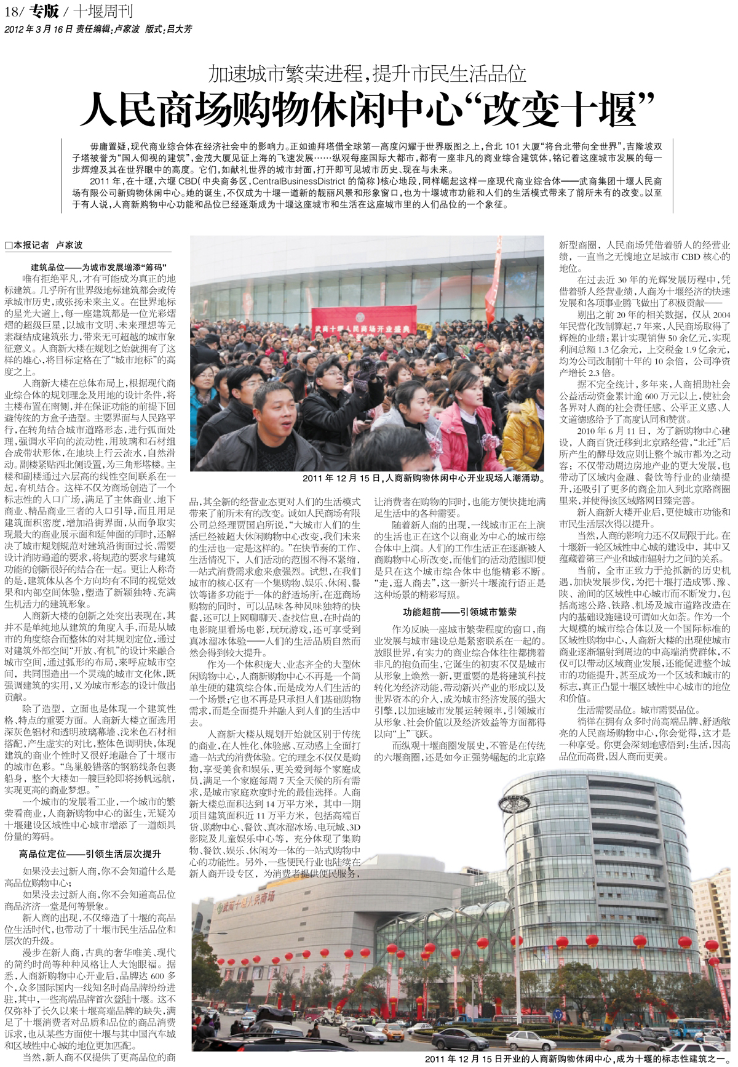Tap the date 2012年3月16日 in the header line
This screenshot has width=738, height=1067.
tap(39, 29)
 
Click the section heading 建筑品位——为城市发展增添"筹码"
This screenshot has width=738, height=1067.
tap(98, 268)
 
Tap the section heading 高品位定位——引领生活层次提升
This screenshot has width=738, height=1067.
tap(90, 853)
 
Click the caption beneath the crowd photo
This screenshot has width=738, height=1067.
tap(424, 478)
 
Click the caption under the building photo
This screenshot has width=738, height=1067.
tap(579, 1058)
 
